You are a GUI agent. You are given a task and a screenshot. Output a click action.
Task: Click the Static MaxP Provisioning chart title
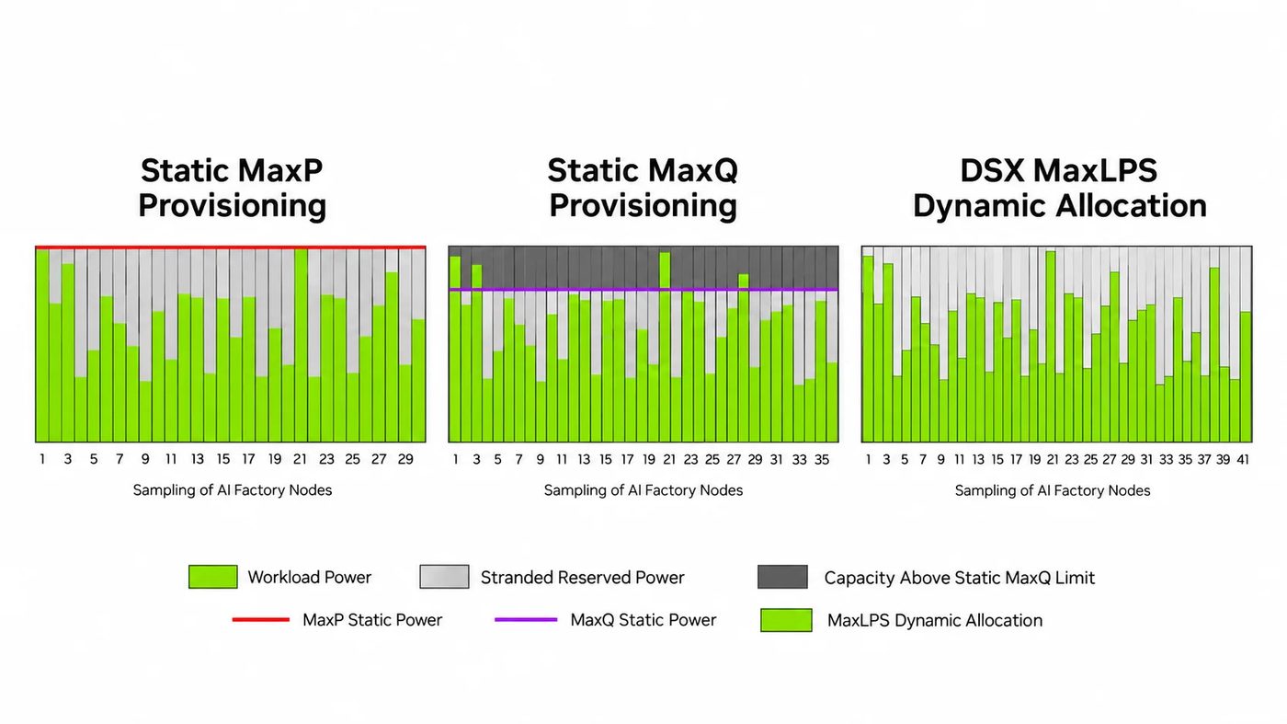(x=232, y=188)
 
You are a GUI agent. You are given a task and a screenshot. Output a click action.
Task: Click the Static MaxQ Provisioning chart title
(x=643, y=188)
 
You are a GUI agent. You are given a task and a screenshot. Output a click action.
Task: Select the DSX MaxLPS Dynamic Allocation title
(x=1059, y=188)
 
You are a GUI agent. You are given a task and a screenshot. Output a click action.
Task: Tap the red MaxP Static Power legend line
(x=260, y=619)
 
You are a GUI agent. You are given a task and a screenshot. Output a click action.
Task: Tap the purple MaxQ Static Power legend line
(x=526, y=619)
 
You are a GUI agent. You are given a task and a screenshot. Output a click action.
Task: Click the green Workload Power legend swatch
(x=212, y=576)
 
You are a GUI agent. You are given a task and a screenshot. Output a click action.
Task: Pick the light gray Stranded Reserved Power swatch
(x=444, y=576)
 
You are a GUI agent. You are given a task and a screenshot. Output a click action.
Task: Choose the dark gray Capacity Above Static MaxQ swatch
(x=782, y=576)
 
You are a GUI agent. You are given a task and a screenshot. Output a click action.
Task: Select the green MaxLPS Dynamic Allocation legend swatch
(x=786, y=620)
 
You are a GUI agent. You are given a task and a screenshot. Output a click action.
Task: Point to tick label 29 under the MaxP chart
(x=405, y=459)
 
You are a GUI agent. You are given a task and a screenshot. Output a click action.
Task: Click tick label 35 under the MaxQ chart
(x=822, y=459)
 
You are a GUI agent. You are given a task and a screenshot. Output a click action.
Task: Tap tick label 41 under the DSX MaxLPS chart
(x=1243, y=459)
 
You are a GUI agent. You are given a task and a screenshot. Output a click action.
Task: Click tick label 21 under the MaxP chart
(x=300, y=459)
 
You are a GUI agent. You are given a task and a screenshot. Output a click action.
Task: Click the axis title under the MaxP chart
(x=232, y=490)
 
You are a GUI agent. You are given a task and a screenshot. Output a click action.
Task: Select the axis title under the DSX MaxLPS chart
(x=1053, y=490)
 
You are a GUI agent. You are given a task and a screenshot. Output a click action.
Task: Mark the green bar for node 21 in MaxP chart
(x=302, y=346)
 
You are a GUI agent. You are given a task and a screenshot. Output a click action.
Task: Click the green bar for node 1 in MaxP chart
(x=42, y=346)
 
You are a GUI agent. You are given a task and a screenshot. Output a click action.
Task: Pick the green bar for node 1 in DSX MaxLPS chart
(x=868, y=349)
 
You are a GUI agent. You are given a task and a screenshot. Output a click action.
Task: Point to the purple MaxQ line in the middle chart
(x=643, y=289)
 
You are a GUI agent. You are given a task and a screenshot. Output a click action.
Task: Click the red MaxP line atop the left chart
(x=231, y=247)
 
